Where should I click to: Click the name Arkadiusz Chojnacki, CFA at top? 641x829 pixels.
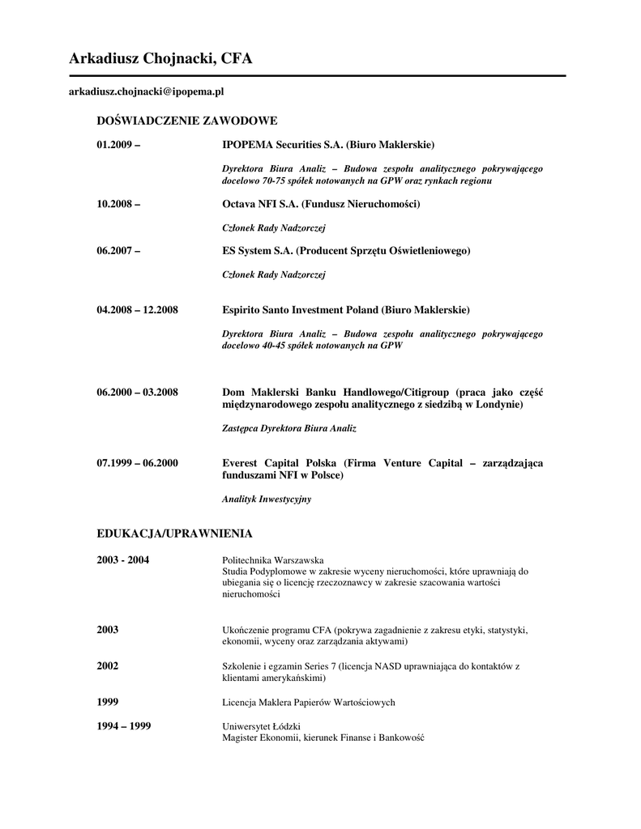(160, 58)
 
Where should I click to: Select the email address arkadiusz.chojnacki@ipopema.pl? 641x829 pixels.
(146, 93)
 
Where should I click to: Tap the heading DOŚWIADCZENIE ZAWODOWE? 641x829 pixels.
(187, 121)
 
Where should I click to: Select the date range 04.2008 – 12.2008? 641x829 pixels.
(137, 310)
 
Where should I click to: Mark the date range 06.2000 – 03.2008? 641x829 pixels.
(137, 393)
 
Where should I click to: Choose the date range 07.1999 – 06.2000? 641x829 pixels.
(137, 463)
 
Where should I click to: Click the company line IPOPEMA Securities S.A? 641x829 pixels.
(328, 145)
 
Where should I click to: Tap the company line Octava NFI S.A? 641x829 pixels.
(321, 205)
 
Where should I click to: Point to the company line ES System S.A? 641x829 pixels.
(346, 251)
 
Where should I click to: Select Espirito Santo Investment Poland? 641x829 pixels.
(345, 310)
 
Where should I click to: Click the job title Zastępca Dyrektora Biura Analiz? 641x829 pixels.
(289, 428)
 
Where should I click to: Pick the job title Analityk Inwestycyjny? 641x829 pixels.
(267, 500)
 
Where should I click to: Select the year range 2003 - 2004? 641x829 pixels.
(122, 560)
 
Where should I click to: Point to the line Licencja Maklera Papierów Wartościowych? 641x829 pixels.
(309, 702)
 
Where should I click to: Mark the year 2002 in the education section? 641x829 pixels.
(108, 666)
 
